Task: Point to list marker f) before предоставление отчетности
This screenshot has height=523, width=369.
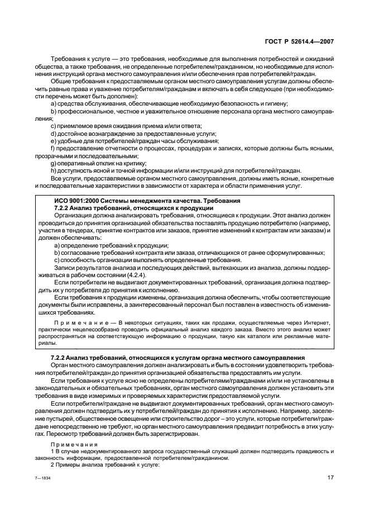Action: tap(54, 148)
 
